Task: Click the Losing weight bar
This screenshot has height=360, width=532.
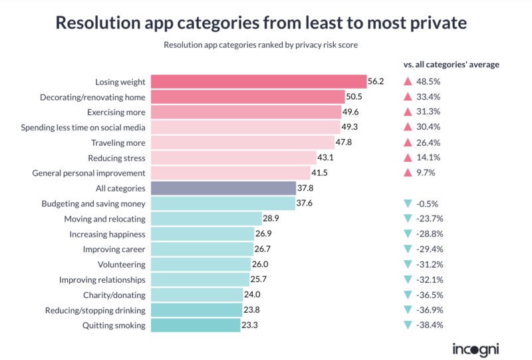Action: pyautogui.click(x=259, y=81)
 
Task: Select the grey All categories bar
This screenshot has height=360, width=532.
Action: pyautogui.click(x=223, y=188)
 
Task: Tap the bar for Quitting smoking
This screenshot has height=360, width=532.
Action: pyautogui.click(x=196, y=325)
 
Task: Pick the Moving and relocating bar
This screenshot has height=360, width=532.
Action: pyautogui.click(x=207, y=219)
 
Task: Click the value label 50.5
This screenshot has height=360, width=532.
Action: pyautogui.click(x=354, y=96)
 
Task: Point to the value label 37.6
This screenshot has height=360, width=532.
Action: pyautogui.click(x=305, y=203)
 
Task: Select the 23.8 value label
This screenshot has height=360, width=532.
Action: pyautogui.click(x=252, y=309)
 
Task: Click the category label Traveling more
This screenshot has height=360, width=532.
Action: pyautogui.click(x=118, y=143)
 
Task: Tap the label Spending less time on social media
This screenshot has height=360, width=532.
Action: pyautogui.click(x=83, y=128)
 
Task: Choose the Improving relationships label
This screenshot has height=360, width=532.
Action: pyautogui.click(x=102, y=280)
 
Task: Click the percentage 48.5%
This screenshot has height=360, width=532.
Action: pyautogui.click(x=428, y=81)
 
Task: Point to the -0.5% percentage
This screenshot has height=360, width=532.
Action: pyautogui.click(x=427, y=204)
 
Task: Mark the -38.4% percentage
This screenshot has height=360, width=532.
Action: pyautogui.click(x=430, y=325)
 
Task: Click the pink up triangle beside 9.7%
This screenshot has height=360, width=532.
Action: pyautogui.click(x=408, y=173)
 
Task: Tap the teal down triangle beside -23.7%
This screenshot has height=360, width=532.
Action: pyautogui.click(x=408, y=218)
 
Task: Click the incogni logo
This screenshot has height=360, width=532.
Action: pyautogui.click(x=475, y=350)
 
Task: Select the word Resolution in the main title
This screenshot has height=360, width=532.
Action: pyautogui.click(x=98, y=23)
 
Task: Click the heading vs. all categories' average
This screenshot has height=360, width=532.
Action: pyautogui.click(x=452, y=65)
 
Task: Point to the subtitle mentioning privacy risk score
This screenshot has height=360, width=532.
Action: pyautogui.click(x=261, y=45)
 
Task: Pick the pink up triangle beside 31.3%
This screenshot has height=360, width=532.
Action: pyautogui.click(x=408, y=112)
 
